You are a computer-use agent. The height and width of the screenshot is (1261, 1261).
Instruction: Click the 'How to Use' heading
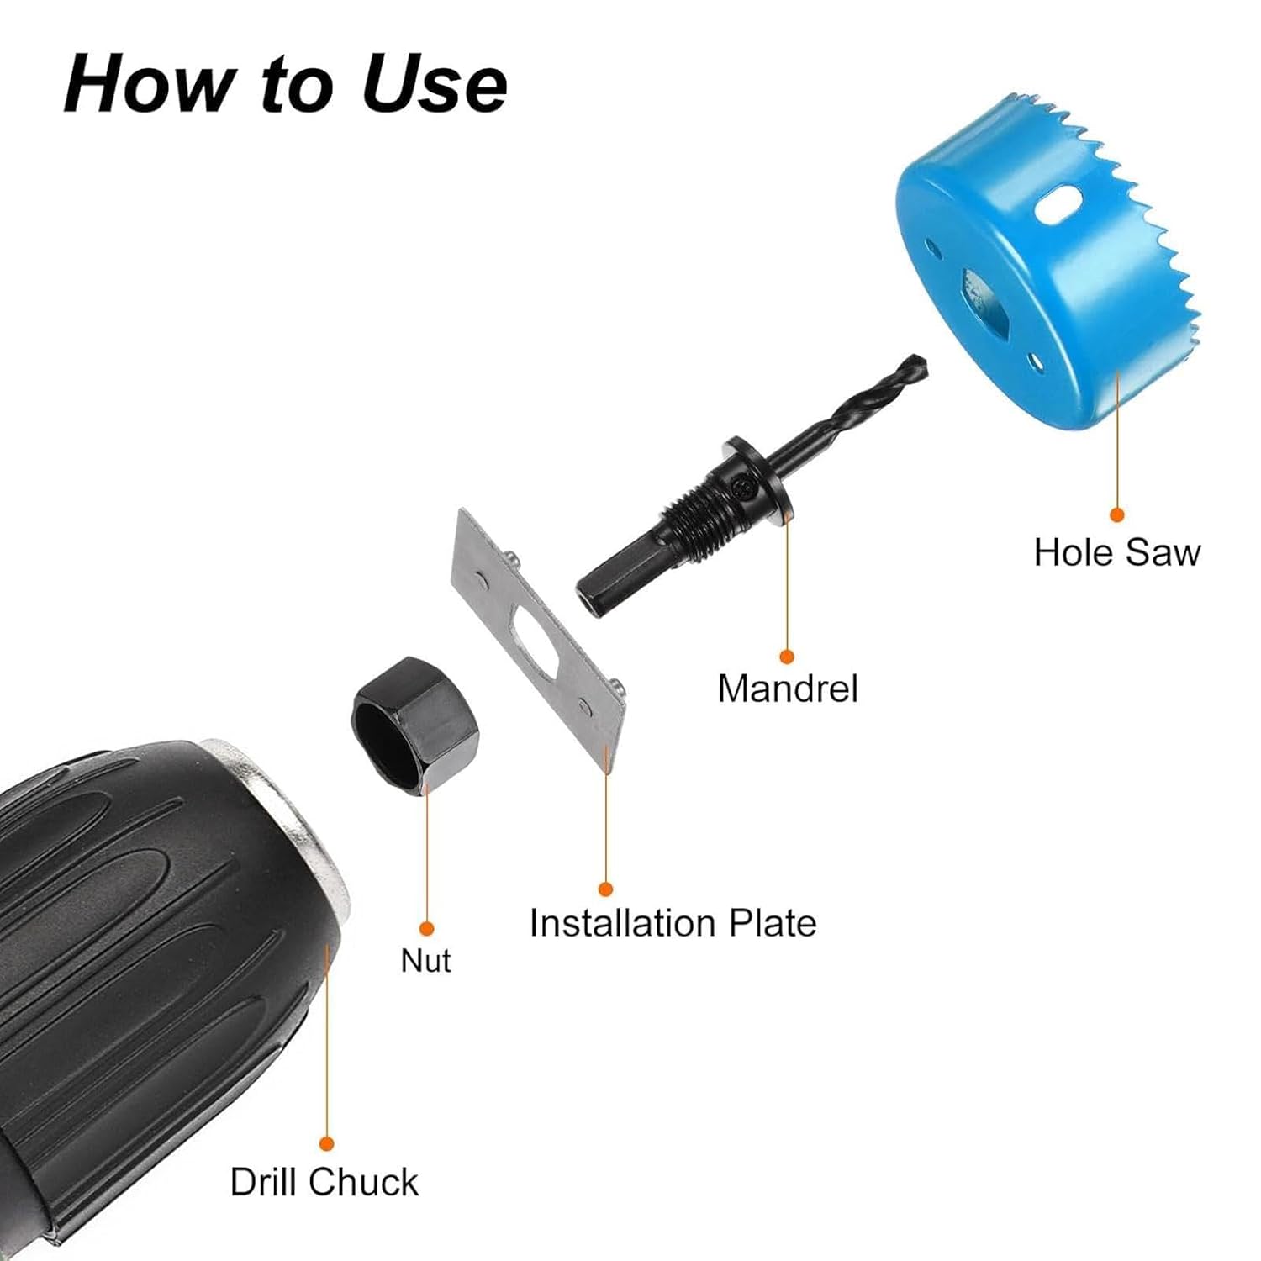tap(285, 83)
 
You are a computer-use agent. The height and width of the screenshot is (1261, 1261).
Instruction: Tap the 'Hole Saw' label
tap(1117, 552)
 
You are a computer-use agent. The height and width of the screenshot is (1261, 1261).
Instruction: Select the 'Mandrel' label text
tap(788, 689)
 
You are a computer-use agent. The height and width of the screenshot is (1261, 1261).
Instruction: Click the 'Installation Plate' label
tap(673, 922)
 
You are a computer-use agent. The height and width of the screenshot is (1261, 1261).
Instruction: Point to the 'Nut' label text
tap(425, 960)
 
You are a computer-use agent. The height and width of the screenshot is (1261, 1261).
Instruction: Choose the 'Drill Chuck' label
tap(324, 1181)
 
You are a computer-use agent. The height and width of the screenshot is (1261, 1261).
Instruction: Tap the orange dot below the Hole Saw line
tap(1116, 514)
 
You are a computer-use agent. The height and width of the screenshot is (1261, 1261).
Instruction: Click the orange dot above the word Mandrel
tap(787, 657)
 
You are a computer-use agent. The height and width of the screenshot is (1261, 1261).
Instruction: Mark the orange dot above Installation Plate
tap(605, 889)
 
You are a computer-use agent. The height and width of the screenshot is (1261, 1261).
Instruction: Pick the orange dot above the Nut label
tap(426, 928)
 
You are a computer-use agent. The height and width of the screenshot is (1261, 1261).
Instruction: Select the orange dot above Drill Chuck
tap(327, 1143)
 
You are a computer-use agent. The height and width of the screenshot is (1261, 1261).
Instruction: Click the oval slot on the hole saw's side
tap(1058, 205)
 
